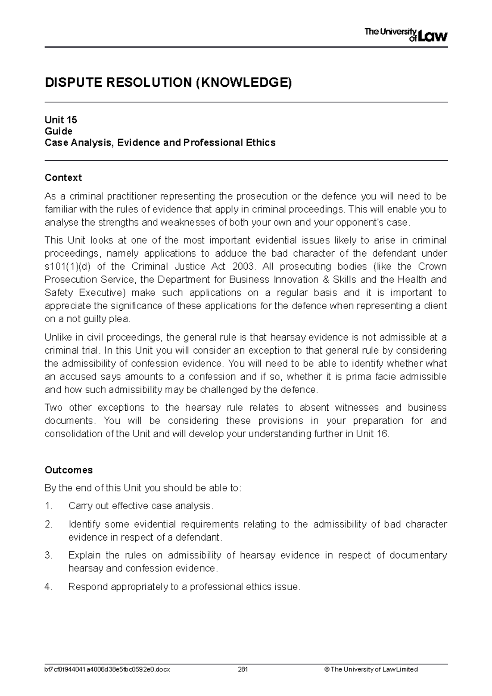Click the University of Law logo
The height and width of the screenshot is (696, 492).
(405, 35)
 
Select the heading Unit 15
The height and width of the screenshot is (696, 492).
(61, 120)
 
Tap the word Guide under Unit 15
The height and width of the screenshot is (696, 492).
(58, 131)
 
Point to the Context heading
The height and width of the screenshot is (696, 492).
(63, 177)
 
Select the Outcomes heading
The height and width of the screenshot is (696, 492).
(68, 470)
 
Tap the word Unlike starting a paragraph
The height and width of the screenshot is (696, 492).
(57, 337)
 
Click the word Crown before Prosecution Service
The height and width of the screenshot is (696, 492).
(432, 266)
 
